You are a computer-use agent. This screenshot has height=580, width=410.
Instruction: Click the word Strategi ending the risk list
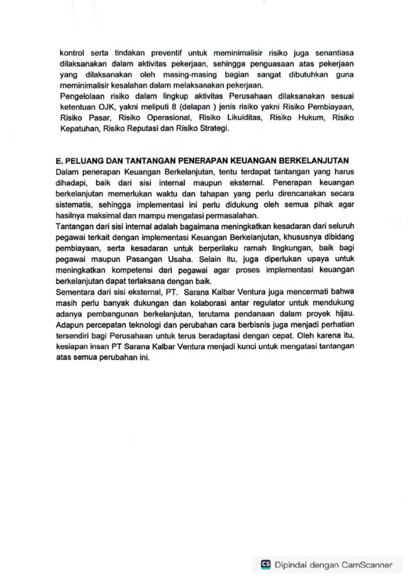[213, 129]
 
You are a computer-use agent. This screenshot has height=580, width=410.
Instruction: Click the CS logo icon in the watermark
[265, 565]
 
